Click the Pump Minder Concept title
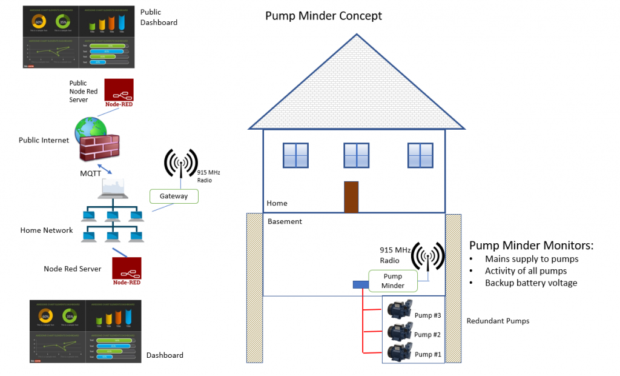point(323,16)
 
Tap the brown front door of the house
point(351,197)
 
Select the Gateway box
point(174,196)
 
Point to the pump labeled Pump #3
point(400,311)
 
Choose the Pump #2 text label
point(427,335)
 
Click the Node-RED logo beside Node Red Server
point(127,271)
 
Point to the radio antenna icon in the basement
point(427,255)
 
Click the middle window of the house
point(356,155)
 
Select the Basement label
point(285,221)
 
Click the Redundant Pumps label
point(498,321)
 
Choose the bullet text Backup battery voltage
point(531,283)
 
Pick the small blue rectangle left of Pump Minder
point(360,284)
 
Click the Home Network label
point(47,230)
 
